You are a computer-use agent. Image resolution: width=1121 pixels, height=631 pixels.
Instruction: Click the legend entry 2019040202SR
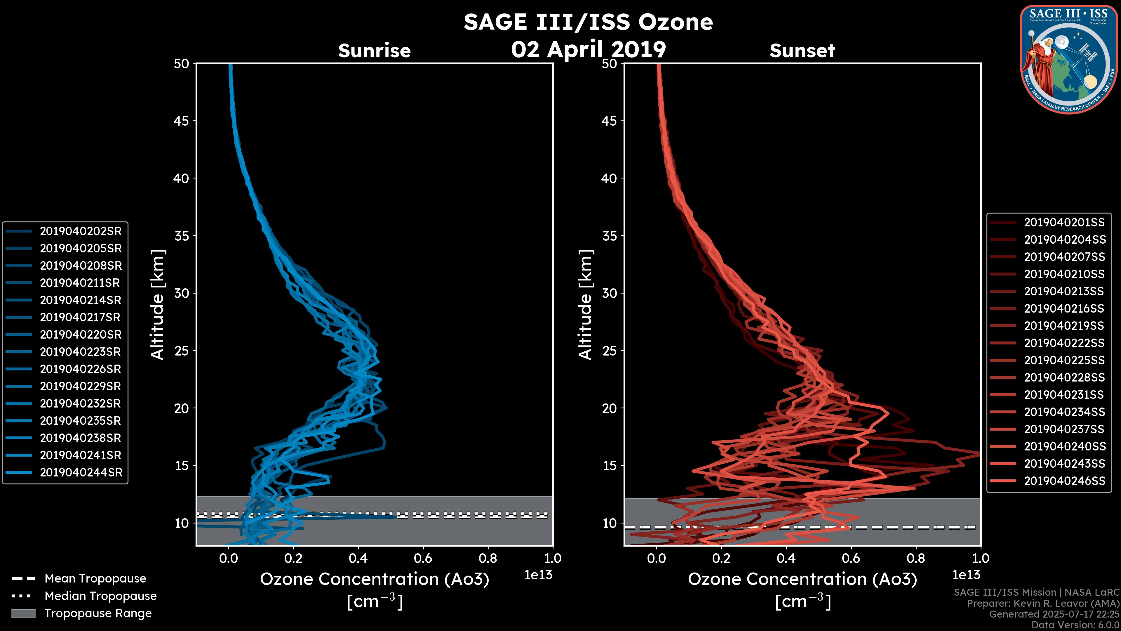coord(81,231)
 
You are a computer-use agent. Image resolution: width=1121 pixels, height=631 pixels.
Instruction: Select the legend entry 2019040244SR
coord(81,472)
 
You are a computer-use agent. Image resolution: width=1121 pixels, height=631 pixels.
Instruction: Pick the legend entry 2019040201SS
coord(1064,223)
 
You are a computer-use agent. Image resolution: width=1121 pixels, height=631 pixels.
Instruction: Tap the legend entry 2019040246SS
coord(1064,481)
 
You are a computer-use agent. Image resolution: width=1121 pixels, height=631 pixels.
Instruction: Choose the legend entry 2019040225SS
coord(1064,360)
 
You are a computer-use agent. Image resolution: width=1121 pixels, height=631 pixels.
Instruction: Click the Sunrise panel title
coord(374,51)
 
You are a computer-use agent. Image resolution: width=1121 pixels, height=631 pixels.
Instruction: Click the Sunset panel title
coord(802,51)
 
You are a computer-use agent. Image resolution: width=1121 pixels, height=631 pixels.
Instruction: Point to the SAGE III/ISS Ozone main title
coord(588,22)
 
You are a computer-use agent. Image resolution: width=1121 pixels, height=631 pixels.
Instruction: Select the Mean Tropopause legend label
coord(95,578)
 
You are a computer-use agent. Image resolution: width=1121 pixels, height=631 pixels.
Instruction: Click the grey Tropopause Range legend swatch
coord(23,613)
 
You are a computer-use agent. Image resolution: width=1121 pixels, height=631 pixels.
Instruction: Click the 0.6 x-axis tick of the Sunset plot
coord(851,558)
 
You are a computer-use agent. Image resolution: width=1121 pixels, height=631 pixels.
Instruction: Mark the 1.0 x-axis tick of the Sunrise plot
coord(553,558)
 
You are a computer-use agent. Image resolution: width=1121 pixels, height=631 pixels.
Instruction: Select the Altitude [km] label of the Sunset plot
coord(585,304)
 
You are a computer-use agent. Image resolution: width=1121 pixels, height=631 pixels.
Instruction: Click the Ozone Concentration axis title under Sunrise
coord(374,579)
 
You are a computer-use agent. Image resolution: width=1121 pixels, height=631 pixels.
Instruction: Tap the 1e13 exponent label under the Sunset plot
coord(966,575)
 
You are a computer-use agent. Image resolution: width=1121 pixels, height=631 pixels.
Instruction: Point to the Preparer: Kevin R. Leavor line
coord(1043,604)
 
